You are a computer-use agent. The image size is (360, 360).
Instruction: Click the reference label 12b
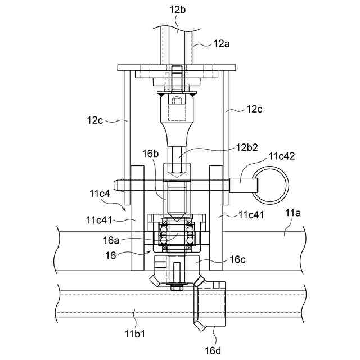pyautogui.click(x=177, y=10)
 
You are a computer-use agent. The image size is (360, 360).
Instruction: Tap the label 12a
pyautogui.click(x=222, y=44)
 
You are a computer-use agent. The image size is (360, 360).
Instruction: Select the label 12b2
pyautogui.click(x=247, y=147)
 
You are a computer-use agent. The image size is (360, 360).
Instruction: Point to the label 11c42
pyautogui.click(x=282, y=156)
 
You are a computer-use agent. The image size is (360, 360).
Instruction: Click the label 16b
pyautogui.click(x=150, y=154)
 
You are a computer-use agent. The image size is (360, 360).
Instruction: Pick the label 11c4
pyautogui.click(x=100, y=193)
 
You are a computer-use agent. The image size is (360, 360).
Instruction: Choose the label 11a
pyautogui.click(x=292, y=213)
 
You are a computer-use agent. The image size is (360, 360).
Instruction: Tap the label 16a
pyautogui.click(x=111, y=240)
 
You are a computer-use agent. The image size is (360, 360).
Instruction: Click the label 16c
pyautogui.click(x=237, y=259)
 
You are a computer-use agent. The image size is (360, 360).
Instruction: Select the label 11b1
pyautogui.click(x=135, y=334)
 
